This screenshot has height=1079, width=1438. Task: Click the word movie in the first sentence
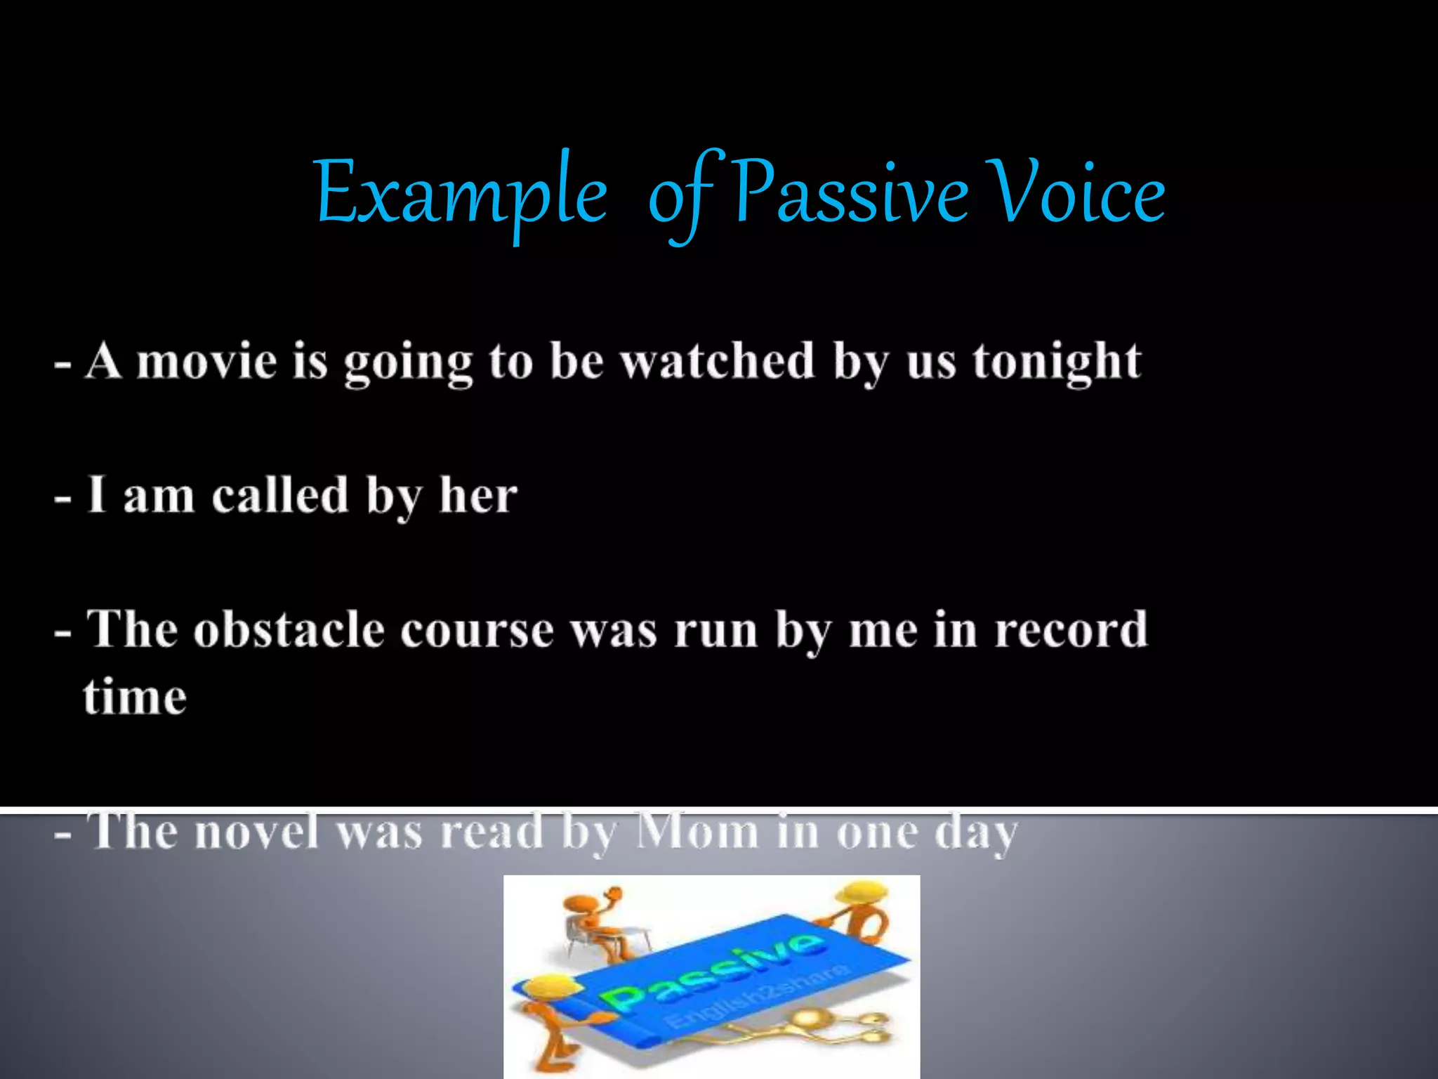[x=206, y=362]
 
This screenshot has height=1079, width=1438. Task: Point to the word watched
[x=717, y=362]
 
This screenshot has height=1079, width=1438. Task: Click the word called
[x=279, y=495]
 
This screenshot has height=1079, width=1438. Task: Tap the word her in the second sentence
[x=478, y=495]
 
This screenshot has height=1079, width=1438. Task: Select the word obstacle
[x=289, y=629]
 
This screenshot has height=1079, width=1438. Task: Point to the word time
[x=136, y=697]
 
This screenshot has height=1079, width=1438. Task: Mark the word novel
[x=257, y=832]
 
